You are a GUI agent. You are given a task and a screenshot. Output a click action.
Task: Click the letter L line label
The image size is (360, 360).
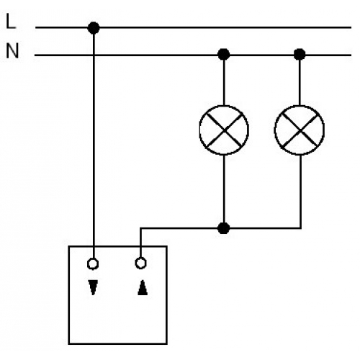11,21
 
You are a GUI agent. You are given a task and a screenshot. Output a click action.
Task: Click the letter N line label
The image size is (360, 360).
12,50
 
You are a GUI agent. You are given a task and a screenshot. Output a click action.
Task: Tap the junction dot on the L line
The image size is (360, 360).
94,28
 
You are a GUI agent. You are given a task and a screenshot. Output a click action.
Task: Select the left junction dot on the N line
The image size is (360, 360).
224,54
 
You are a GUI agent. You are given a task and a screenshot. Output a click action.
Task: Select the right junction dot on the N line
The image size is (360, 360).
300,54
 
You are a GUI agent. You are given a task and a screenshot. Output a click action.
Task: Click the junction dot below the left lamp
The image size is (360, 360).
224,228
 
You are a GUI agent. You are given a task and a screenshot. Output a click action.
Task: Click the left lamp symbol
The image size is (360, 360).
224,130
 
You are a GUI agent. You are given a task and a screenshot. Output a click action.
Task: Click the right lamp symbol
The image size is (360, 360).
300,130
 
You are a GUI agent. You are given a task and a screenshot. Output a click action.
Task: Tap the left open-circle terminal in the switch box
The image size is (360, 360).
93,264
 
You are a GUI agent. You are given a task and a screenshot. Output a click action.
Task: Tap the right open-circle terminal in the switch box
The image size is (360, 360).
140,263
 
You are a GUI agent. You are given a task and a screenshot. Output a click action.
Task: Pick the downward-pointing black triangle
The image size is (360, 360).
93,287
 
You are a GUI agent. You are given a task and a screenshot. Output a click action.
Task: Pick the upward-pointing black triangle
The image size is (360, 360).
143,287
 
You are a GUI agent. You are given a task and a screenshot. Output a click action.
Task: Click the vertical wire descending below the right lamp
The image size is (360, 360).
300,192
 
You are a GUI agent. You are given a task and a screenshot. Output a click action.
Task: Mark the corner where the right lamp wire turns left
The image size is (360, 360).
300,228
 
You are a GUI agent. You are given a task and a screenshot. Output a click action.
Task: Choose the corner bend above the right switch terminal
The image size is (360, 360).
140,228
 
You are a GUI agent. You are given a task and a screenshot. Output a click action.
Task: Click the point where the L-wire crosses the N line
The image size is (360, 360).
94,55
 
